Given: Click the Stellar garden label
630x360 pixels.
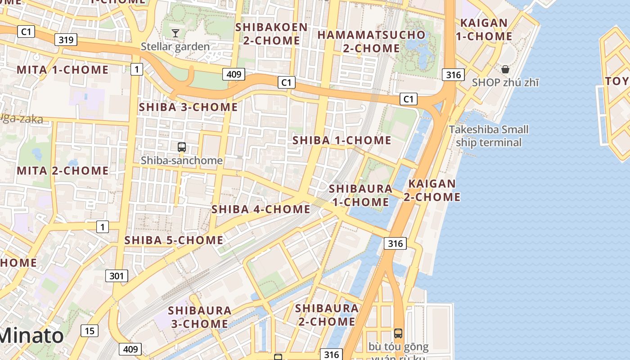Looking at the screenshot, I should point(175,46).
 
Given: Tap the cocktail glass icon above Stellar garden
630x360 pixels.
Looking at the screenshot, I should point(175,33).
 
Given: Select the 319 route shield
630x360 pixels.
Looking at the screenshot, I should point(66,40).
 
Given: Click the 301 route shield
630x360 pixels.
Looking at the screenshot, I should point(117,275).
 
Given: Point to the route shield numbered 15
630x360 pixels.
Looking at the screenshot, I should point(90,331).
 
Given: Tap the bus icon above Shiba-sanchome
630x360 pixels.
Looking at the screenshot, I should point(182,147).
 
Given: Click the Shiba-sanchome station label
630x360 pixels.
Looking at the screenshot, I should point(182,160).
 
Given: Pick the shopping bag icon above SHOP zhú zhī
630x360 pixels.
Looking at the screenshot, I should point(505,69).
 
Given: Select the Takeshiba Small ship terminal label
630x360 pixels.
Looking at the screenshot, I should point(489,136).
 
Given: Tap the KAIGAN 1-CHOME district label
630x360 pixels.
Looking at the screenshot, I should point(484,29).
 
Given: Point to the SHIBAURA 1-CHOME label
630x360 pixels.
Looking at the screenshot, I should point(361,195).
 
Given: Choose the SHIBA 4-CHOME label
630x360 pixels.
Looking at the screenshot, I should point(261,209).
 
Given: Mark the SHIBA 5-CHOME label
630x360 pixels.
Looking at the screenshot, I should point(174,240).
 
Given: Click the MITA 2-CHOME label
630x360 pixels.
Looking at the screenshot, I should point(63,171).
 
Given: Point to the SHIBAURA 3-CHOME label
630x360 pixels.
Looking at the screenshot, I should point(200,317).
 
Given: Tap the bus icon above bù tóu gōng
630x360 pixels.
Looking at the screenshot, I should point(398,333).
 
